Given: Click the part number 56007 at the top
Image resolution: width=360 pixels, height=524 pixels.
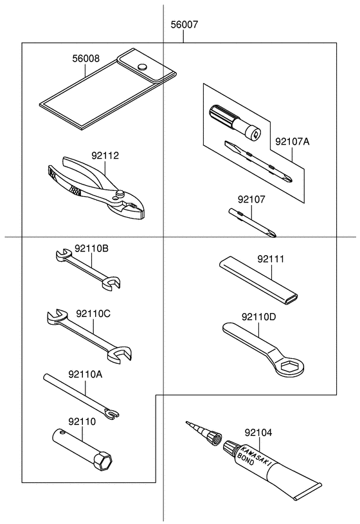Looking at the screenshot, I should point(184,26).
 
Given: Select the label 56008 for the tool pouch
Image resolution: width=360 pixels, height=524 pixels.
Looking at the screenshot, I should point(85,58).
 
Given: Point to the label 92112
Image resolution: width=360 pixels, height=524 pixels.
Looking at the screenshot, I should point(105,156).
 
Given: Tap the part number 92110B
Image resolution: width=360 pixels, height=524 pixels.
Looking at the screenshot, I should point(91,248).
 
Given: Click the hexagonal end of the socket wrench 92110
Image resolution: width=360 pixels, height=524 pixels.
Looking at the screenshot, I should point(103,462).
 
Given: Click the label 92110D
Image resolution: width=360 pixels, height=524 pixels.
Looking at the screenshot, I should point(259,317).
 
